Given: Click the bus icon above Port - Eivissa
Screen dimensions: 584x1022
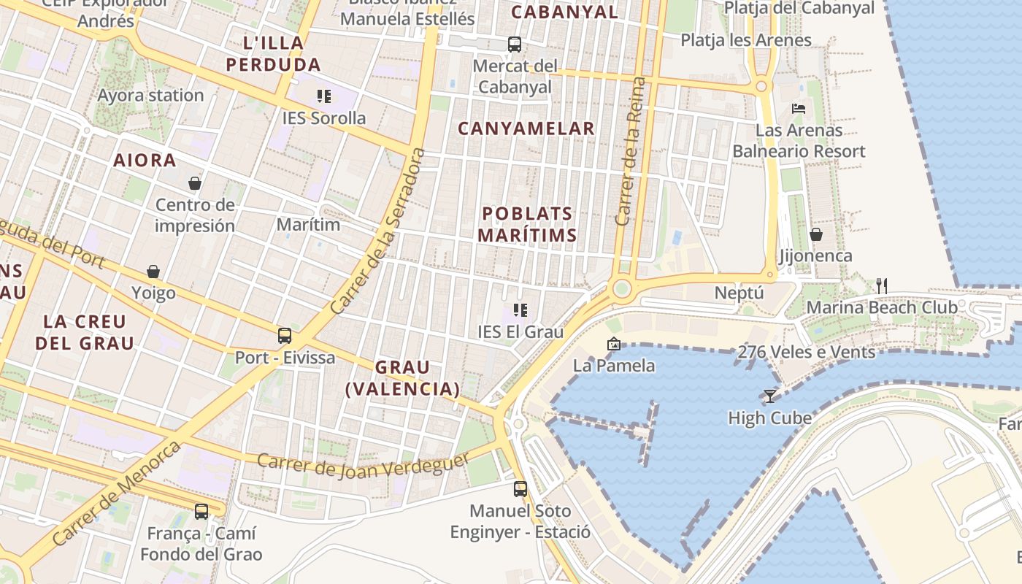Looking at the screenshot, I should (x=285, y=336).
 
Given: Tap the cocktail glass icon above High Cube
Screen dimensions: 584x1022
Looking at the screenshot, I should (x=769, y=396).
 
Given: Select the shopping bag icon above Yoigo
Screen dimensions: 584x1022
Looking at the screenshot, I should (x=153, y=272).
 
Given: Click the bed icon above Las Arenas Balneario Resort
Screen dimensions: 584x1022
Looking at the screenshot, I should (x=799, y=109).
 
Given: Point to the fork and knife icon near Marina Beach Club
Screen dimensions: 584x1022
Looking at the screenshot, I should (x=882, y=285).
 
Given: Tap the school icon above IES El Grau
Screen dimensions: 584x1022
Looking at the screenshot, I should (x=520, y=310).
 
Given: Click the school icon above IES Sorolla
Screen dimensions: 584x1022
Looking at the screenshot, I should (x=324, y=96).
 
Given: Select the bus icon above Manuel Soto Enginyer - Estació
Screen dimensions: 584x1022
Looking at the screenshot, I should (x=520, y=489).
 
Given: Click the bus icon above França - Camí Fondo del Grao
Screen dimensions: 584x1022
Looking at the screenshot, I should (x=201, y=512).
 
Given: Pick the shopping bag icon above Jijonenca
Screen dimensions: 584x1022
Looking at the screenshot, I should (x=816, y=234).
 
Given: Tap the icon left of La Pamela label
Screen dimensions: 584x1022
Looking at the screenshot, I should (x=614, y=344).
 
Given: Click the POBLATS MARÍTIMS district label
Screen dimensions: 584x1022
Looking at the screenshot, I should (x=529, y=224).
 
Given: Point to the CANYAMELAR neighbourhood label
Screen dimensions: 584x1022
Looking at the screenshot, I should (x=526, y=128).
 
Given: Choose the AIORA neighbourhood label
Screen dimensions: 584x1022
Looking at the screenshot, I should (x=145, y=161).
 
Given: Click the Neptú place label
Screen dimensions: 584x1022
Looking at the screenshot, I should (x=739, y=293).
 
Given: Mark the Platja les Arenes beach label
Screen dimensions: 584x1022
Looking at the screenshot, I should (x=746, y=40).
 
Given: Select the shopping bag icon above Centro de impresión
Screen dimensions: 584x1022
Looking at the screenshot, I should (x=195, y=183).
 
